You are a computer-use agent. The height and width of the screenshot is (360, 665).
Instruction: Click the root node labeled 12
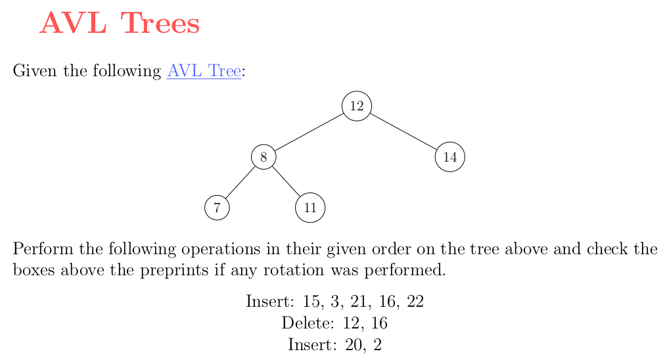pyautogui.click(x=357, y=106)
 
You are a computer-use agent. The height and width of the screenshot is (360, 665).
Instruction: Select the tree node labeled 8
pyautogui.click(x=264, y=157)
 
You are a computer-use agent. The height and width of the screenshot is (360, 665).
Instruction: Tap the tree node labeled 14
pyautogui.click(x=450, y=157)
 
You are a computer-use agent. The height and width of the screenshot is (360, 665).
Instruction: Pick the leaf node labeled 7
pyautogui.click(x=217, y=208)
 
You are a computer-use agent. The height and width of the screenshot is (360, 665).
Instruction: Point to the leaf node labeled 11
pyautogui.click(x=310, y=208)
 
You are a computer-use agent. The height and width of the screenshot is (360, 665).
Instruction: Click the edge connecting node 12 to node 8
pyautogui.click(x=310, y=132)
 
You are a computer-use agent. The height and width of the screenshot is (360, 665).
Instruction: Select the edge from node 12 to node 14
pyautogui.click(x=403, y=132)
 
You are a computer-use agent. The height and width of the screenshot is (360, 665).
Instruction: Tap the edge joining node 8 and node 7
pyautogui.click(x=241, y=183)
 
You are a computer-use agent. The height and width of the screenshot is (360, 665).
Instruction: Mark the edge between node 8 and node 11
pyautogui.click(x=287, y=181)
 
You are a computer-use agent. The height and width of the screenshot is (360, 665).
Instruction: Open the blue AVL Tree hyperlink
pyautogui.click(x=204, y=70)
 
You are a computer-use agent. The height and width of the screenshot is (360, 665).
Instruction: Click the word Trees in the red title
pyautogui.click(x=160, y=23)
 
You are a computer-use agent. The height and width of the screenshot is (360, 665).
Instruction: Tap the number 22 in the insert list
pyautogui.click(x=415, y=301)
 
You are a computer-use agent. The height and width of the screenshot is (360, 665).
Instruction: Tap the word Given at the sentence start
pyautogui.click(x=35, y=70)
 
